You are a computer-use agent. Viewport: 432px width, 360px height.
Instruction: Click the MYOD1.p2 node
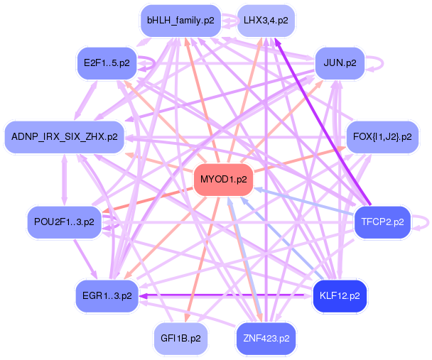point(224,179)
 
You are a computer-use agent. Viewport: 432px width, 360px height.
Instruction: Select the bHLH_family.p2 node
point(180,21)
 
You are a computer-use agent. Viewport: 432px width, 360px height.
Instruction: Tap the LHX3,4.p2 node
point(266,21)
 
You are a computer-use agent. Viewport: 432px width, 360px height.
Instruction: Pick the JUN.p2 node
point(340,62)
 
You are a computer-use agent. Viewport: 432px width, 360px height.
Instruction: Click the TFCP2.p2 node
point(382,222)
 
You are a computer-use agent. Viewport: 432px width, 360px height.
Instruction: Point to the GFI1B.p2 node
point(180,338)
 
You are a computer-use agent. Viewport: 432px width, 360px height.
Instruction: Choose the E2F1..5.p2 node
point(107,62)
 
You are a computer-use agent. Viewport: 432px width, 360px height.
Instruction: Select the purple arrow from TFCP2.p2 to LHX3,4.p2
point(327,125)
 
